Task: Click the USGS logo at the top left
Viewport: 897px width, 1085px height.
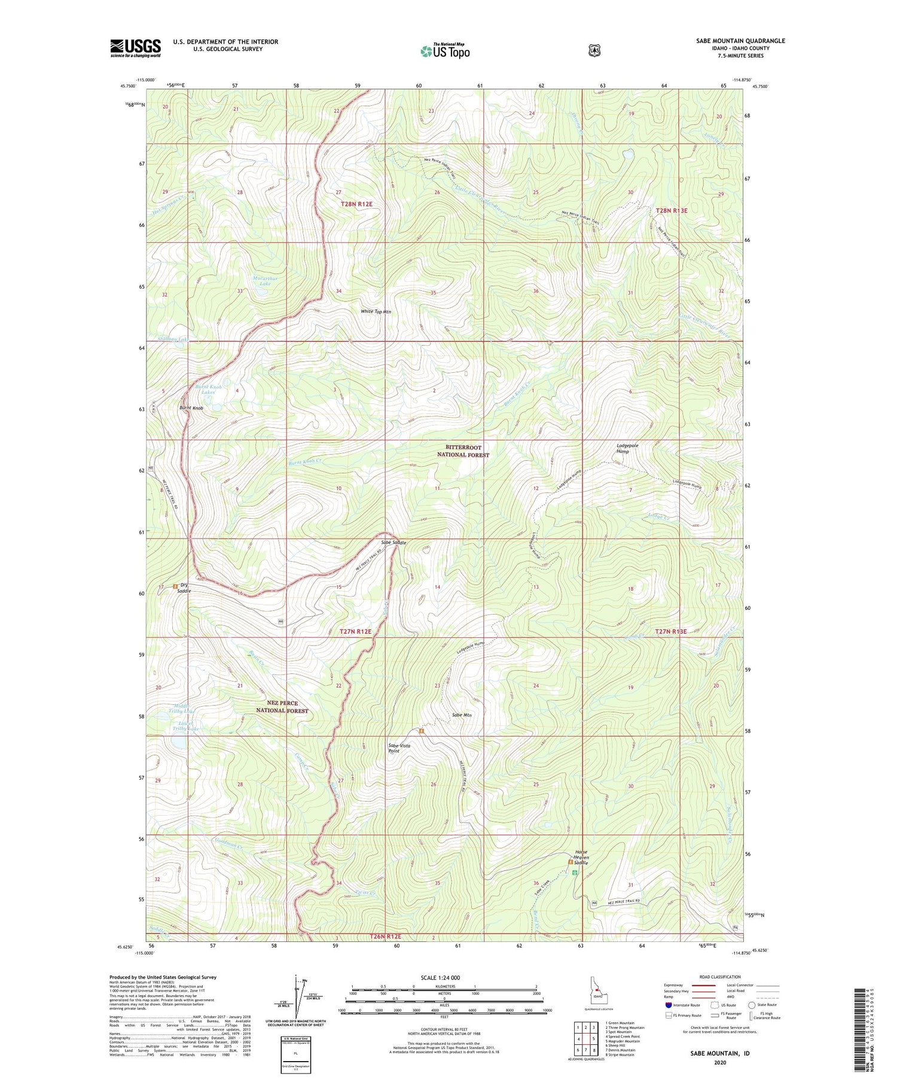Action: (x=135, y=48)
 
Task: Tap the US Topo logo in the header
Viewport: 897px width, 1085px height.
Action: (x=445, y=51)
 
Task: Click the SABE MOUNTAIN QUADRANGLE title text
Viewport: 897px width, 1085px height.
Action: (x=740, y=41)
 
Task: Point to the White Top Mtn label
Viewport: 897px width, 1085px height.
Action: (x=376, y=312)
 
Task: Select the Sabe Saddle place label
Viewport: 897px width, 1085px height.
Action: (x=394, y=542)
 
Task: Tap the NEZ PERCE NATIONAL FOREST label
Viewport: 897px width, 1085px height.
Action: (x=282, y=707)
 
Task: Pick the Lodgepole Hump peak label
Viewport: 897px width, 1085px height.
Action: (x=627, y=448)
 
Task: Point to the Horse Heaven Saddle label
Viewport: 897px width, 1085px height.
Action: (x=581, y=857)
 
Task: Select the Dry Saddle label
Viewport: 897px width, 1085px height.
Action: (x=184, y=588)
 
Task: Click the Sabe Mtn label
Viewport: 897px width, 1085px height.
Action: (x=462, y=715)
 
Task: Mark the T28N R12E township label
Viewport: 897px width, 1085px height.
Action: (x=353, y=204)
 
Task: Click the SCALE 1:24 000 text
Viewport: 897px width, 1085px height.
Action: (x=444, y=977)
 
